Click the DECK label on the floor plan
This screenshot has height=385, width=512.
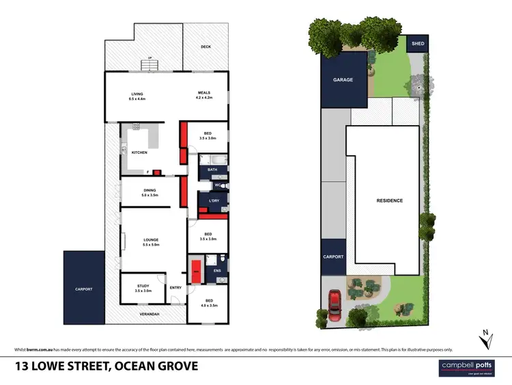click(x=205, y=47)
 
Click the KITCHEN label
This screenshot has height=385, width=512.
click(x=139, y=152)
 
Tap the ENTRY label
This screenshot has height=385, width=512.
click(x=175, y=287)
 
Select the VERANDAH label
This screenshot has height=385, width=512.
click(x=150, y=314)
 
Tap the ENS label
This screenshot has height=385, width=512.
click(x=217, y=271)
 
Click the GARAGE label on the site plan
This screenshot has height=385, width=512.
click(x=343, y=80)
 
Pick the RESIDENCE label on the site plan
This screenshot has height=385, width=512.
click(x=390, y=200)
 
